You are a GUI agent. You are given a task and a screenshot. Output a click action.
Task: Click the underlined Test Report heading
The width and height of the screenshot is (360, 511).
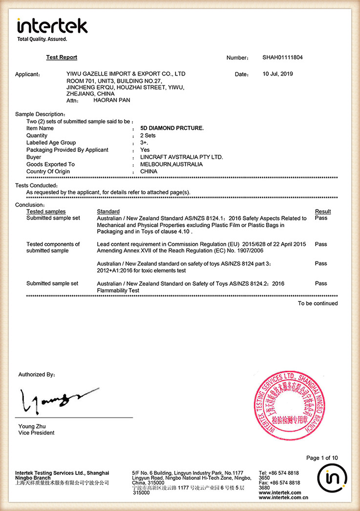point(62,58)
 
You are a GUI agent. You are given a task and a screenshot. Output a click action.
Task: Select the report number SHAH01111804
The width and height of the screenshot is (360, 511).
point(282,58)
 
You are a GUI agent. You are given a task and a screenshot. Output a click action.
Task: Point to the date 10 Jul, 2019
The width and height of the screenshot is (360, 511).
point(278,74)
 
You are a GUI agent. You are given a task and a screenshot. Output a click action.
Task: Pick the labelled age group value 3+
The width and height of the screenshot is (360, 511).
point(144,143)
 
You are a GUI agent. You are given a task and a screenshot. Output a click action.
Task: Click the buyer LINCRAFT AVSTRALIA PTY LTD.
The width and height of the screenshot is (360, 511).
point(181,157)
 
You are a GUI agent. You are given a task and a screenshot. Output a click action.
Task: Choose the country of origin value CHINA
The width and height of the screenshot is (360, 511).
point(149,172)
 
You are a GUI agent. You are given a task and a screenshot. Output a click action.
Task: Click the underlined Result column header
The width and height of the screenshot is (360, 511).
point(322,211)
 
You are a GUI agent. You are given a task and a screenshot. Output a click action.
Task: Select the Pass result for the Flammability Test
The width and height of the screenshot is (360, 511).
point(321,284)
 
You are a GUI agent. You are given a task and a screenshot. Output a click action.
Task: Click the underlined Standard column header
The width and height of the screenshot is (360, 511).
point(108,211)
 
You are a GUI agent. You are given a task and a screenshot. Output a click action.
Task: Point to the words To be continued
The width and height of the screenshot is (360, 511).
point(318,304)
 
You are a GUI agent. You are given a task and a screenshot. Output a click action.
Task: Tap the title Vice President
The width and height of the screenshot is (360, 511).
point(37,433)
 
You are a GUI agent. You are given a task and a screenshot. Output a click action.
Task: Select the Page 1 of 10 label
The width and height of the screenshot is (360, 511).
point(321,458)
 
